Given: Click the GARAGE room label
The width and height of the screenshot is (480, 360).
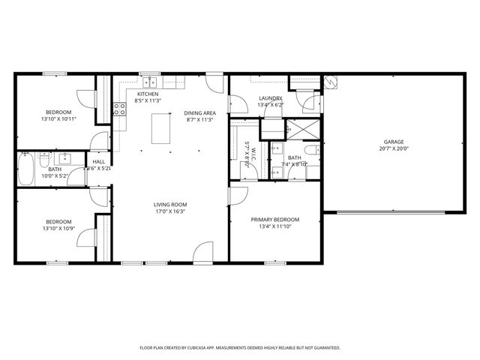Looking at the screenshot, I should (394, 142).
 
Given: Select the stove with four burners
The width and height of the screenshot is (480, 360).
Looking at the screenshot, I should (119, 110).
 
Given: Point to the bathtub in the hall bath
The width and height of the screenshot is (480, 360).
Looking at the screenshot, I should (25, 170).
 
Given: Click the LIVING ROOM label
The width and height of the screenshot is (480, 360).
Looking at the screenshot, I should (170, 205).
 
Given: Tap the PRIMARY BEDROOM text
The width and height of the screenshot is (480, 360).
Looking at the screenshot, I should (274, 220).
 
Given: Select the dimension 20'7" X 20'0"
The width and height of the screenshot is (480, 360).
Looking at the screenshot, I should (394, 148).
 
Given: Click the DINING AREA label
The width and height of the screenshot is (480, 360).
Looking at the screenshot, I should (199, 112).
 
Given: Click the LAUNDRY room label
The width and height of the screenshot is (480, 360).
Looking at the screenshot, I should (271, 98).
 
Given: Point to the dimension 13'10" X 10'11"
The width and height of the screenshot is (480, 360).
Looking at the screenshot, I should (58, 119).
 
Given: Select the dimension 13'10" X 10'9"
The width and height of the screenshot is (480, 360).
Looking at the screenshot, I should (58, 228).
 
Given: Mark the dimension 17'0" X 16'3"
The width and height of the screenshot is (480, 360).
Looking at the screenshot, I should (170, 211).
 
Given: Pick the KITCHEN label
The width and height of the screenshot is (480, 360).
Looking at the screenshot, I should (147, 94).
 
